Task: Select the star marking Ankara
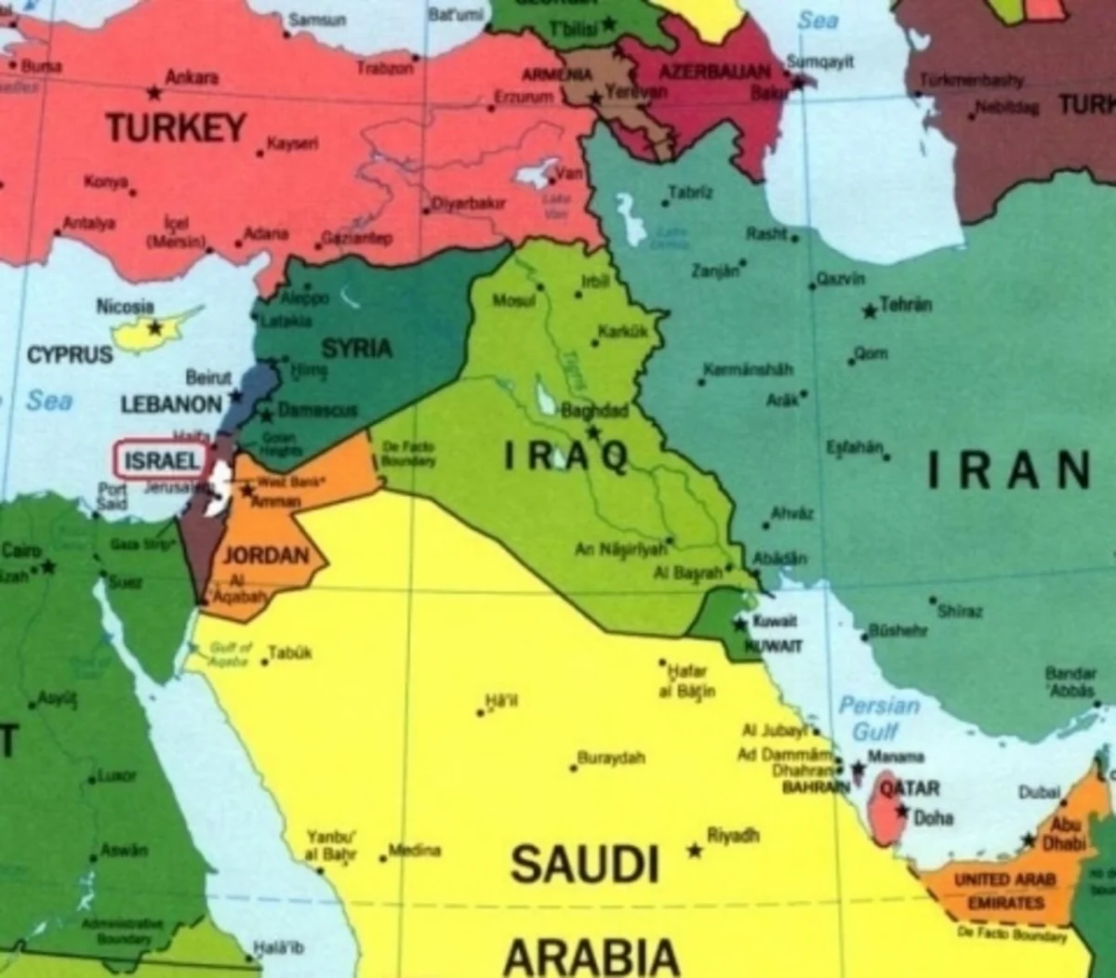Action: point(154,92)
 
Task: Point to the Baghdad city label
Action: point(594,411)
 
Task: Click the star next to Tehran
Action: point(870,311)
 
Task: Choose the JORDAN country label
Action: point(266,555)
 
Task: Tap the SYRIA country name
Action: point(356,349)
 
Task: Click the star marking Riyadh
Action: point(694,850)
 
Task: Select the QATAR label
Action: point(910,788)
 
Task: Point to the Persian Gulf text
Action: point(878,718)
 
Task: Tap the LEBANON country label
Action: point(171,404)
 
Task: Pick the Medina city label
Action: point(415,850)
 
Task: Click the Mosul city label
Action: point(513,300)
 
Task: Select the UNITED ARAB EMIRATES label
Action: point(1004,891)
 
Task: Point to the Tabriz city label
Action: point(690,192)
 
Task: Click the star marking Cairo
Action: point(47,565)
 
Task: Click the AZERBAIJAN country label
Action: point(714,72)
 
